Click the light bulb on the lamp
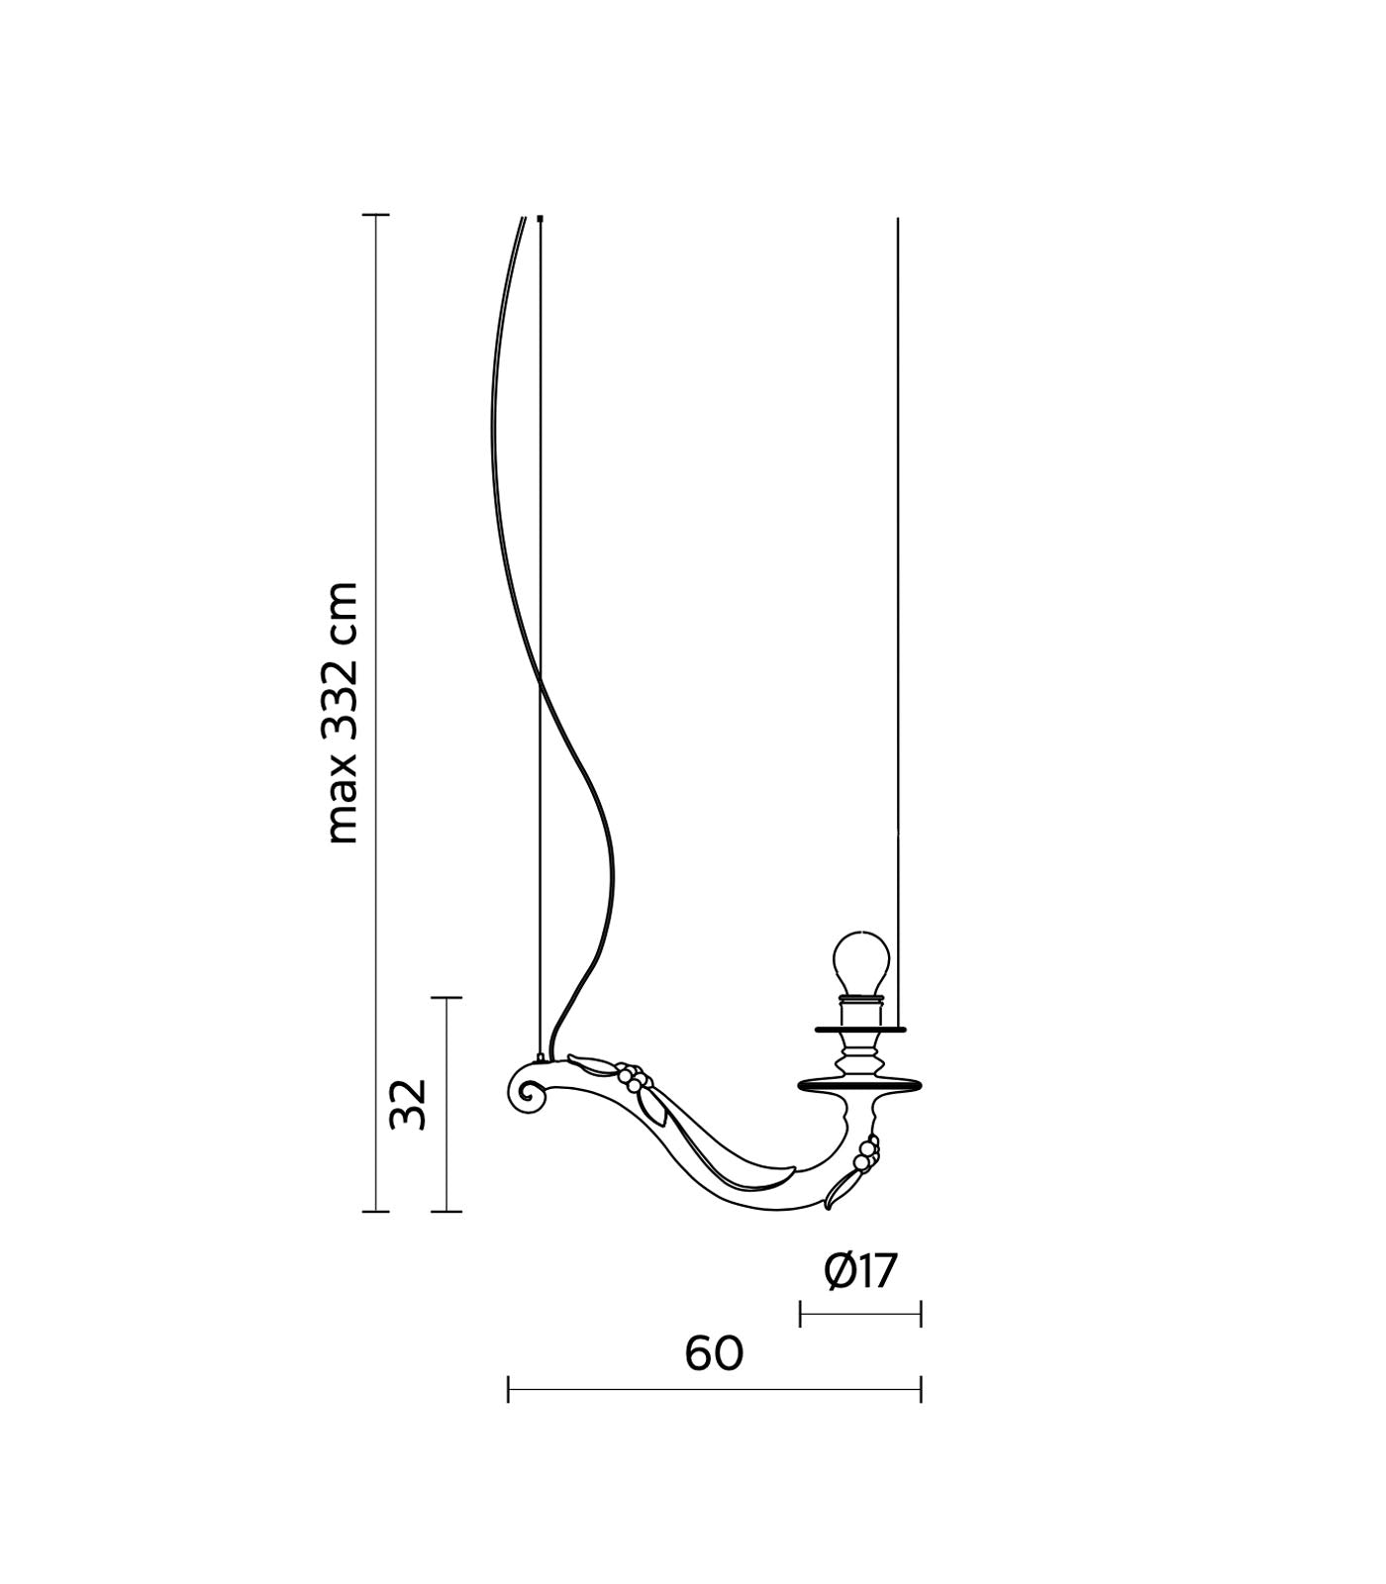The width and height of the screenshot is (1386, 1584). coord(860,962)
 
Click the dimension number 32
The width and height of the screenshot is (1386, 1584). coord(408,1104)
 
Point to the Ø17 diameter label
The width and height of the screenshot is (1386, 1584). coord(860,1271)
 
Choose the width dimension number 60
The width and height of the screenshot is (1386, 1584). coord(714,1353)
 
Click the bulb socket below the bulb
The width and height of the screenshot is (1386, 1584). coord(860,1012)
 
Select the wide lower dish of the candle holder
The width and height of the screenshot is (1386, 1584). coord(860,1086)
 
